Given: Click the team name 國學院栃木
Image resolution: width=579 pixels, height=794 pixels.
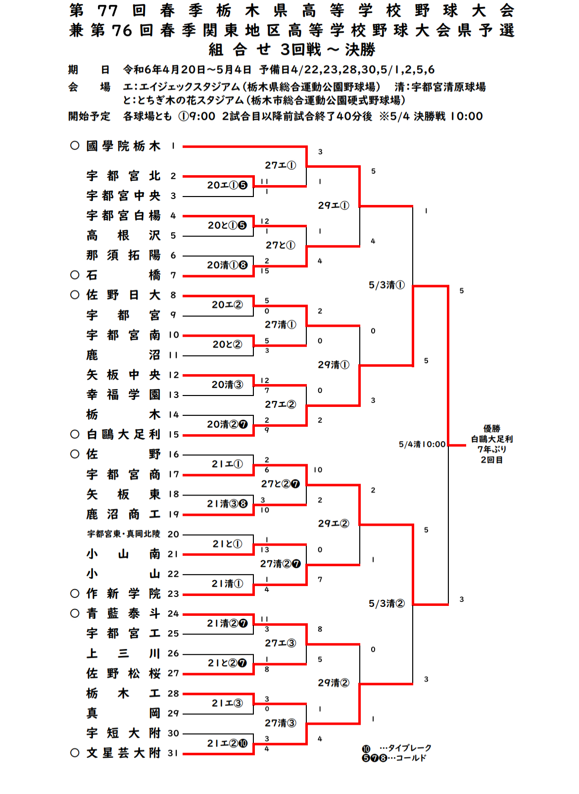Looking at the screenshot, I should point(123,146).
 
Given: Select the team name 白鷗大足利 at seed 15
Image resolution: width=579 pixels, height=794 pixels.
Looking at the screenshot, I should point(123,435).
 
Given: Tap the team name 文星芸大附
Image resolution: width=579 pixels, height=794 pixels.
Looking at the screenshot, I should point(123,753).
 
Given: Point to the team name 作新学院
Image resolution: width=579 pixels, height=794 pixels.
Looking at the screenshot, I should point(123,594).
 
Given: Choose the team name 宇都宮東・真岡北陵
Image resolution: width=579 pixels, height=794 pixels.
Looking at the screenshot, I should point(124,534).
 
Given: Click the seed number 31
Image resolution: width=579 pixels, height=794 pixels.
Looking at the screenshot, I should point(173,753).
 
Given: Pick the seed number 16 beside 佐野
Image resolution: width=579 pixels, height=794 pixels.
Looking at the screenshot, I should point(173,454).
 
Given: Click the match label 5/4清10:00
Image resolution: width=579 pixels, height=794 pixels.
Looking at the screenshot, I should point(422,445).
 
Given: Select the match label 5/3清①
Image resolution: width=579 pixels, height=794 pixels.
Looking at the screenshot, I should point(386,285).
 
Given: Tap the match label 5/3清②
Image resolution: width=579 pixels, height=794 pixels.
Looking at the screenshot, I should point(386,603).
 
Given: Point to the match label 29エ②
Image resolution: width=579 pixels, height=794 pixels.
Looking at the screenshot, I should point(333,524).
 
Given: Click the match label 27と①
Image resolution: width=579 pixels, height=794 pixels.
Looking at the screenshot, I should point(280,245).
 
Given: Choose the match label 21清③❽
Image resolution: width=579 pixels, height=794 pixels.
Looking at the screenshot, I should point(227,504).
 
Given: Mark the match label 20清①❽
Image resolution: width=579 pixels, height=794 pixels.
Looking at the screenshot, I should point(227,265).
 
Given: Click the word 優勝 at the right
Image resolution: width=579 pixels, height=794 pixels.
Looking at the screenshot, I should point(491,428).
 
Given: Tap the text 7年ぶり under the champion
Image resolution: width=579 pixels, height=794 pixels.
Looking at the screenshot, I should point(491,449).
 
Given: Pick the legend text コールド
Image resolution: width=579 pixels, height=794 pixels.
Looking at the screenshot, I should point(411,758).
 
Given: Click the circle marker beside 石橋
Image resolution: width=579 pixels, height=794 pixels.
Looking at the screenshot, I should point(75,275).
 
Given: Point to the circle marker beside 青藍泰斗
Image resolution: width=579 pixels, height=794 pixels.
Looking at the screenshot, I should point(75,613).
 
